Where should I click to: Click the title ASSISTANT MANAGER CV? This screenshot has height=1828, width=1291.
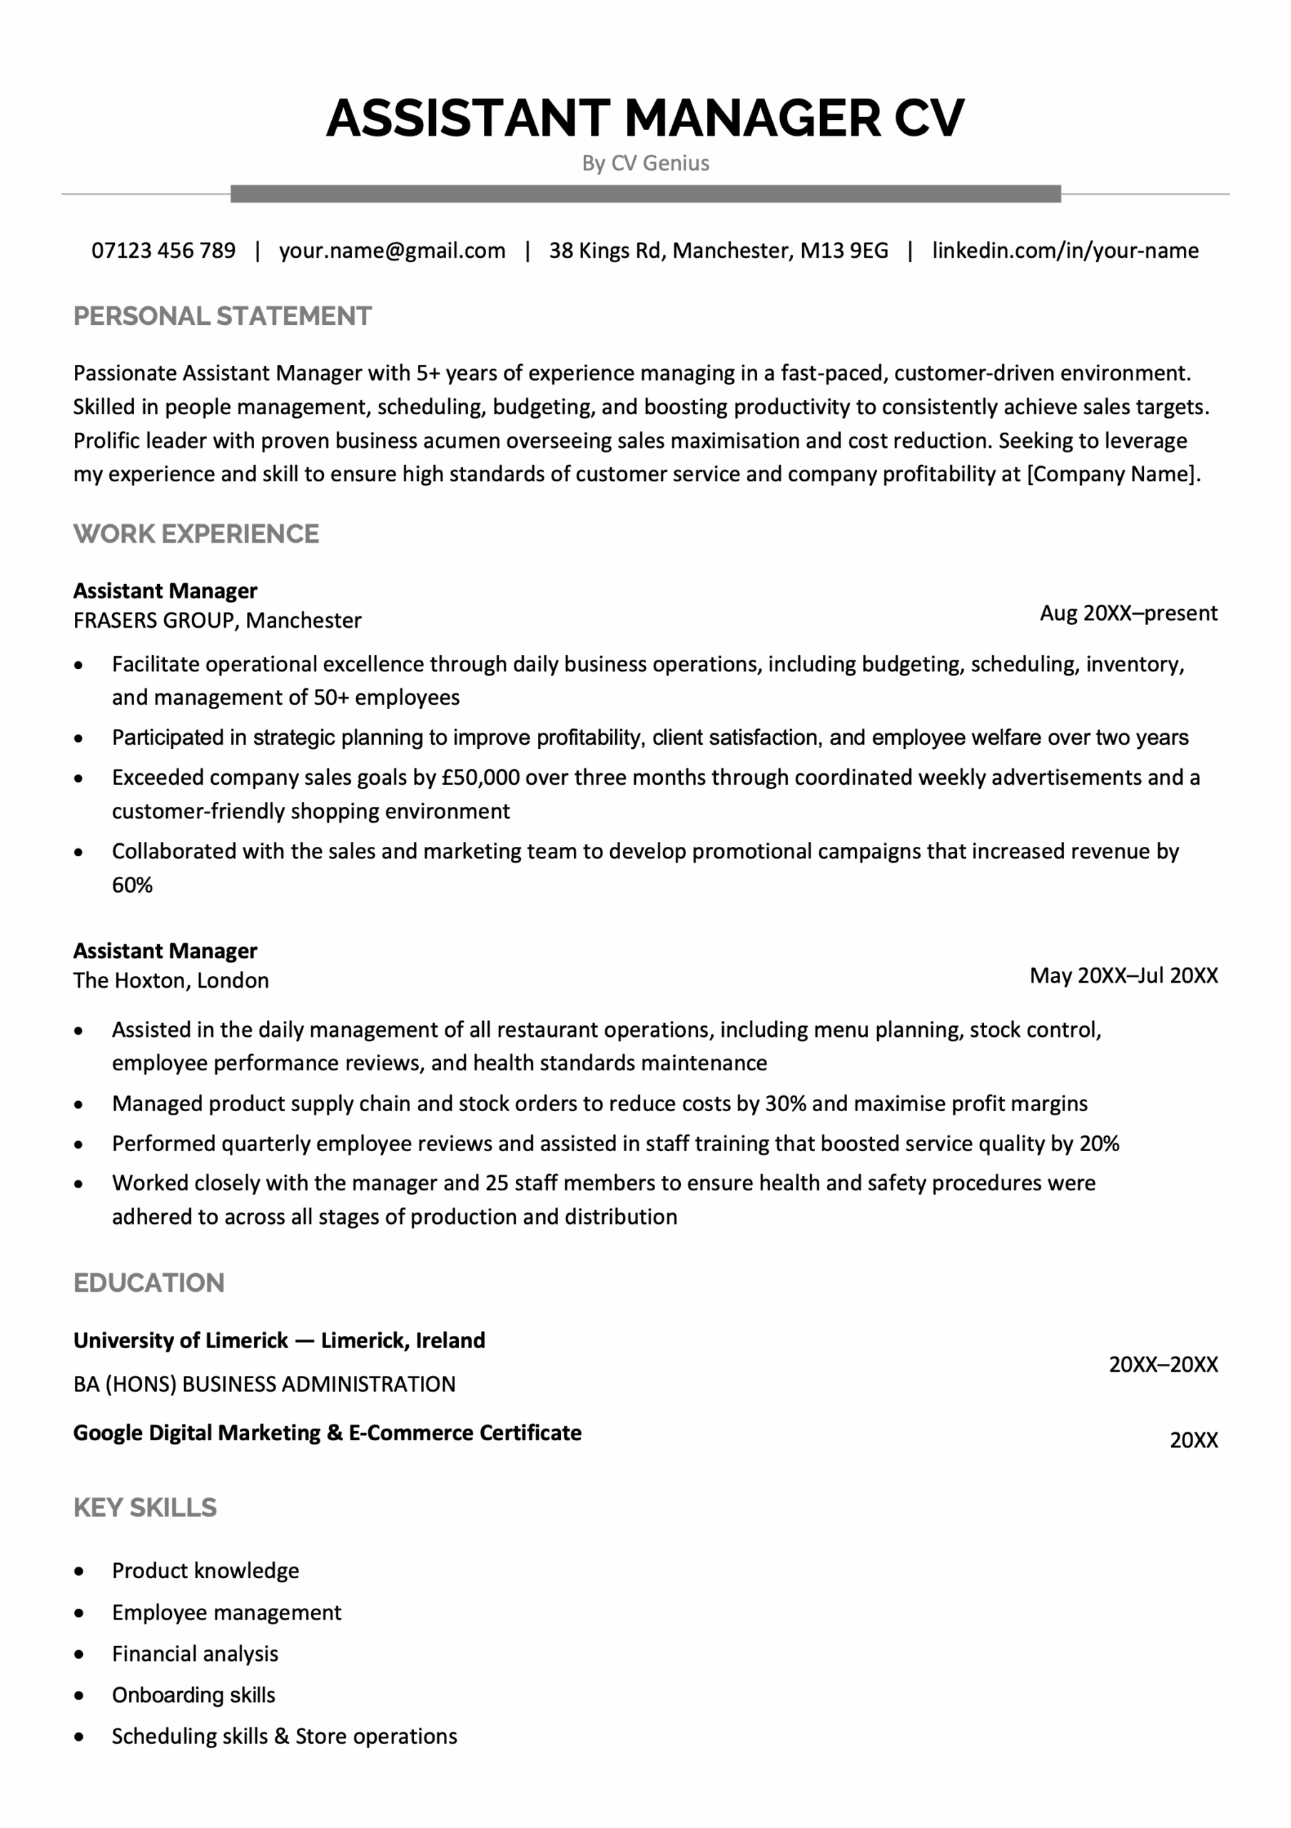click(x=644, y=118)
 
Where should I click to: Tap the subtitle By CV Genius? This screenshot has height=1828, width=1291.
click(x=644, y=164)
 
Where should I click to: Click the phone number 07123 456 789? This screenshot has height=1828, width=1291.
click(x=163, y=251)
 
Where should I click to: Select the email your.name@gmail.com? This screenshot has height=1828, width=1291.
click(x=392, y=251)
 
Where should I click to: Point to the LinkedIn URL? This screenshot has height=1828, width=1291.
click(x=1065, y=251)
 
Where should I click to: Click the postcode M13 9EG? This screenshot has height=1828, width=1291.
click(x=844, y=251)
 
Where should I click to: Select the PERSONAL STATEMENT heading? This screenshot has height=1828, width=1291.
click(x=222, y=316)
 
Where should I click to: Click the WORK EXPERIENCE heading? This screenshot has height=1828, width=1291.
click(x=196, y=533)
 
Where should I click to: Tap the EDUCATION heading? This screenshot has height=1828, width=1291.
click(x=149, y=1282)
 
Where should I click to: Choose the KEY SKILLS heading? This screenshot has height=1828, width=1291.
click(x=145, y=1507)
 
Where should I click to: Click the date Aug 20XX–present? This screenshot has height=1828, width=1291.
click(x=1128, y=613)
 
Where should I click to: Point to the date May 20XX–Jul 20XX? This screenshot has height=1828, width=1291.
click(x=1123, y=975)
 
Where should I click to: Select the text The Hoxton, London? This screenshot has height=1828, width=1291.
click(x=171, y=980)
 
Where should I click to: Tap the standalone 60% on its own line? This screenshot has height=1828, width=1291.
click(x=132, y=885)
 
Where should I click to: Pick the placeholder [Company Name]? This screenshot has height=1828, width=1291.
click(x=1113, y=475)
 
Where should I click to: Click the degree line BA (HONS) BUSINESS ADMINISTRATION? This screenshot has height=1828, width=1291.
click(x=264, y=1384)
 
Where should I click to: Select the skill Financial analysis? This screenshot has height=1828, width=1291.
click(x=195, y=1654)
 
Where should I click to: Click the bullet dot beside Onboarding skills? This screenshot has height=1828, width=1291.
click(x=78, y=1695)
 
